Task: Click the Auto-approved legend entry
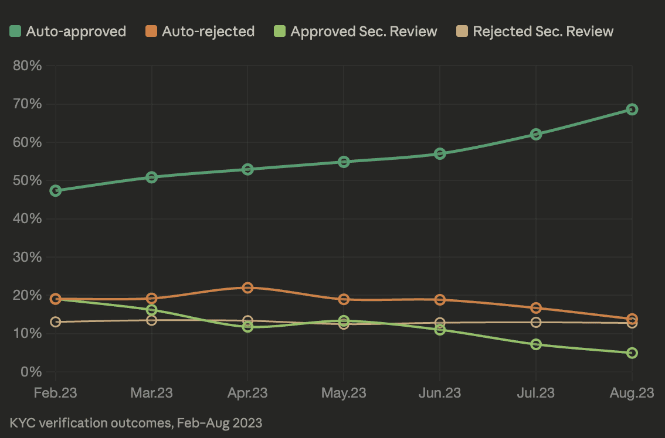pos(68,31)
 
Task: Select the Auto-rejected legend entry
pos(200,31)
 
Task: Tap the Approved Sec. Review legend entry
pos(356,31)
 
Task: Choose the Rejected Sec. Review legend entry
pos(535,31)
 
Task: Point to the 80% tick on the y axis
pos(27,66)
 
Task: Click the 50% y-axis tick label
pos(27,180)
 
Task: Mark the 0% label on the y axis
pos(30,372)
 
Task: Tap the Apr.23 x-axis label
pos(247,392)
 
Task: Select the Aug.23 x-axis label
pos(632,392)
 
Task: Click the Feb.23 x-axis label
pos(56,392)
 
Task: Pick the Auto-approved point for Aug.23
pos(632,109)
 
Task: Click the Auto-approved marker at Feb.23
pos(56,190)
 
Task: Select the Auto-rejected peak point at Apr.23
pos(247,288)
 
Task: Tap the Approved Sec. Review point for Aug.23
pos(632,353)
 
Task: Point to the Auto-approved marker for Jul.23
pos(536,134)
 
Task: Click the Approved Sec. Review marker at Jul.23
pos(536,344)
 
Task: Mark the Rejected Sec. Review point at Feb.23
pos(56,321)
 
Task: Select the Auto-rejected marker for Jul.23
pos(536,308)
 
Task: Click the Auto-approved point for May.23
pos(344,162)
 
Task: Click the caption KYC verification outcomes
pos(136,422)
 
